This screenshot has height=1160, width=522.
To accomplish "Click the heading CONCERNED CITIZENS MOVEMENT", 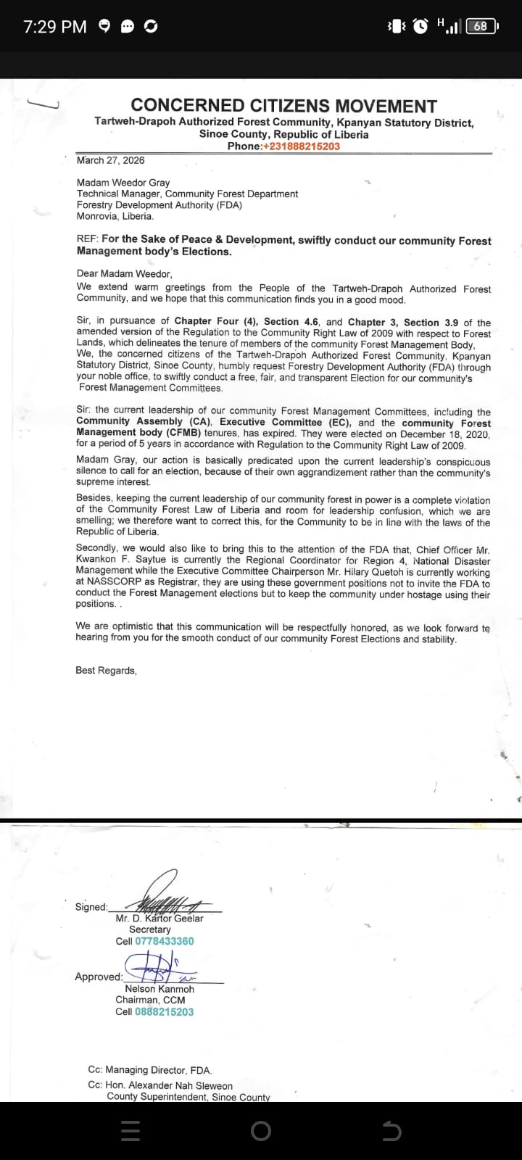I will (283, 107).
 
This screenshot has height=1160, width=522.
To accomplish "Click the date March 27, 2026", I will (110, 160).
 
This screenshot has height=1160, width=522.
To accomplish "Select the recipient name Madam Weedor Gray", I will (123, 183).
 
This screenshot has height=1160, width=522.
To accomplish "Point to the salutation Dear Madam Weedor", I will (124, 274).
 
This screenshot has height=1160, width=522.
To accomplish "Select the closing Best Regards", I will (106, 671).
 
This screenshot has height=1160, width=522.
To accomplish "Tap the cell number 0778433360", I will (165, 941).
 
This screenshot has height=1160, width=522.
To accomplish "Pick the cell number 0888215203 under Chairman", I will (165, 1012).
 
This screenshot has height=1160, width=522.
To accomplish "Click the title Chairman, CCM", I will (150, 1000).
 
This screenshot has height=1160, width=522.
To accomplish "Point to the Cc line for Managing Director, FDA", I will (150, 1070).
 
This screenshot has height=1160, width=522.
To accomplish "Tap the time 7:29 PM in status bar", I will (55, 27).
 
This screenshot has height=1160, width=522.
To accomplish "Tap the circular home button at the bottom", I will (261, 1131).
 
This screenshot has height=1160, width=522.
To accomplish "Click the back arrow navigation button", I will (391, 1131).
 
